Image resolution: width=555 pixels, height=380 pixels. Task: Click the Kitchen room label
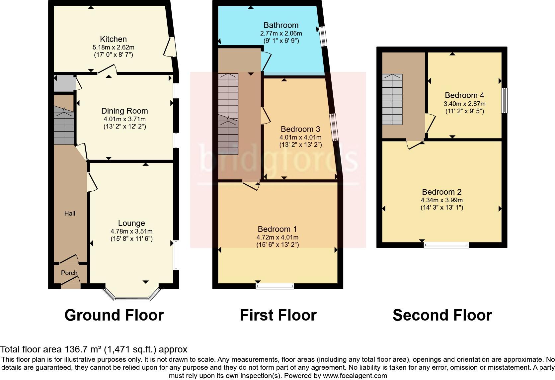tap(113, 39)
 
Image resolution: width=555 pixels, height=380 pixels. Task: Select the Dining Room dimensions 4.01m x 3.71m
tap(124, 119)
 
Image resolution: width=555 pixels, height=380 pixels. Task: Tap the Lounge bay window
tap(132, 297)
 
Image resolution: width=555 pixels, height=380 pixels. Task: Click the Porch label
tap(69, 273)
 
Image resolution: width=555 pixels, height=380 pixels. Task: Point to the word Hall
tap(70, 214)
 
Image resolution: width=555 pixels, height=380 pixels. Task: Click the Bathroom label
tap(281, 25)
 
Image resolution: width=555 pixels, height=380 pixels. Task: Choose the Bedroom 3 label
tap(300, 129)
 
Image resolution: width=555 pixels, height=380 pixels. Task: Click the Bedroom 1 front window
tap(275, 286)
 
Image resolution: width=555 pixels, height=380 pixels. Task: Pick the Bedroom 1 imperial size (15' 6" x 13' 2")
tap(277, 245)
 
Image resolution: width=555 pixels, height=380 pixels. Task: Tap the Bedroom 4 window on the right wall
tap(504, 100)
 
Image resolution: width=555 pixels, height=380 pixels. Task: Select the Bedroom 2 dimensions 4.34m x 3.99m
tap(441, 200)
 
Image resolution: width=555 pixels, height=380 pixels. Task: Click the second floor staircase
tap(392, 99)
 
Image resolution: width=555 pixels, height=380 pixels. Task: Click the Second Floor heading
tap(442, 315)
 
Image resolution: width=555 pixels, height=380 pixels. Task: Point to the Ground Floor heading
tap(114, 315)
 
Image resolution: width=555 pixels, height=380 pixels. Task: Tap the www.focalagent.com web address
tap(355, 376)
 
